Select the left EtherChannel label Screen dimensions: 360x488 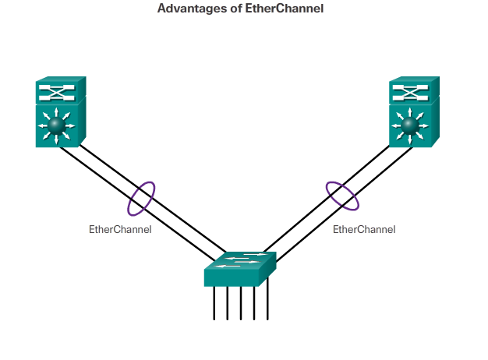point(120,229)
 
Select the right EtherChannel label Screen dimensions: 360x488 point(364,229)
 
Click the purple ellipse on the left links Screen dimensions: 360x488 point(141,198)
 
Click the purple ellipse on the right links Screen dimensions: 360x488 point(342,195)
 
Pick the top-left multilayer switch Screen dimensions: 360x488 point(60,112)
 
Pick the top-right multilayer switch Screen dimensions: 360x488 point(414,112)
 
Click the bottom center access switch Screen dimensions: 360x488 point(240,270)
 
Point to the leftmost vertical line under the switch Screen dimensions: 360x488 point(214,303)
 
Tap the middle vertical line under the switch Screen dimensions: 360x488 point(241,303)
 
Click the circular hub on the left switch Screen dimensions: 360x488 point(55,125)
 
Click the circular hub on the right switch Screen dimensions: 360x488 point(409,125)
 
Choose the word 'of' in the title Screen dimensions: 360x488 point(242,9)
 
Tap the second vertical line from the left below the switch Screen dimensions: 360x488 point(228,303)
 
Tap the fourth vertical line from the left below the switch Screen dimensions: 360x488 point(254,303)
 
